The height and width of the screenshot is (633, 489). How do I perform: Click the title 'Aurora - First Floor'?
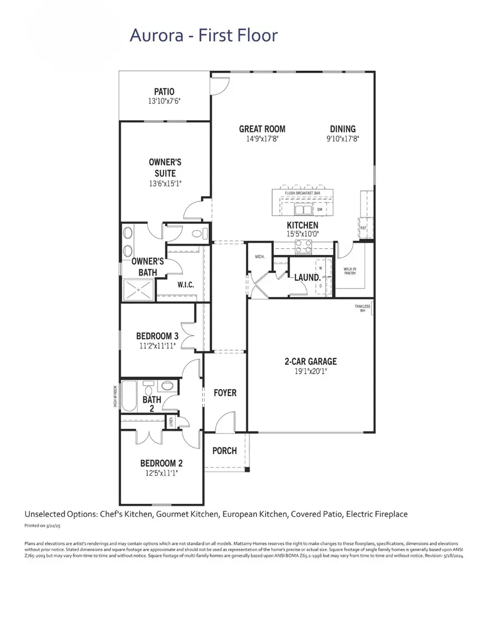pyautogui.click(x=204, y=36)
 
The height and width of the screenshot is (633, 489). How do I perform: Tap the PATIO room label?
pyautogui.click(x=164, y=92)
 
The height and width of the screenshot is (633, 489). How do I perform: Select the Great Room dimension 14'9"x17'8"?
pyautogui.click(x=262, y=139)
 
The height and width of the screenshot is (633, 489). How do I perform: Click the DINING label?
pyautogui.click(x=343, y=129)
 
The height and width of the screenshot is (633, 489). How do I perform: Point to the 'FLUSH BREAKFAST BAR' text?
pyautogui.click(x=302, y=193)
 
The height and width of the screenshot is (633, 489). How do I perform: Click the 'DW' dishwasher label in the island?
pyautogui.click(x=319, y=209)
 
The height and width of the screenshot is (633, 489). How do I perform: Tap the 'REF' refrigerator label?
pyautogui.click(x=363, y=228)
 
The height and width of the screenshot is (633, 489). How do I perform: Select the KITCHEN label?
pyautogui.click(x=303, y=225)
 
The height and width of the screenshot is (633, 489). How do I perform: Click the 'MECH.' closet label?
pyautogui.click(x=259, y=256)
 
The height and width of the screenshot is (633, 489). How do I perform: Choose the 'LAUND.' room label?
pyautogui.click(x=307, y=278)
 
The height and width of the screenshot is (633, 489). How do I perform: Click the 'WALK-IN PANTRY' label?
pyautogui.click(x=349, y=271)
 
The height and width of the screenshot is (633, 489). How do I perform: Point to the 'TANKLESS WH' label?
pyautogui.click(x=362, y=309)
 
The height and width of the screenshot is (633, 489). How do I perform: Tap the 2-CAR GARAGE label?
pyautogui.click(x=310, y=361)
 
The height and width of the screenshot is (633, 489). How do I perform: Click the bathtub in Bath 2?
pyautogui.click(x=129, y=397)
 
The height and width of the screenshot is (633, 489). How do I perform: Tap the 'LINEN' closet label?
pyautogui.click(x=171, y=421)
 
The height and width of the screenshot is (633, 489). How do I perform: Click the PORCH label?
pyautogui.click(x=224, y=450)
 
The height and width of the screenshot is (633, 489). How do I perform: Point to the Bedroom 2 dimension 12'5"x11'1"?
pyautogui.click(x=161, y=473)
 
